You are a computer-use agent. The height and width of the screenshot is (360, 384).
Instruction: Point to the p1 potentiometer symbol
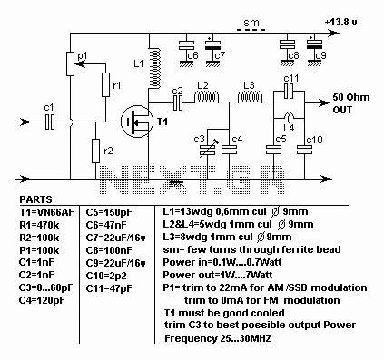click(x=71, y=63)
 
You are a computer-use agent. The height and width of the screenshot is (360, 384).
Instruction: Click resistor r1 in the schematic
click(x=105, y=85)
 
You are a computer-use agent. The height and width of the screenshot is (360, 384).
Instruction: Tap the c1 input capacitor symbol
click(x=51, y=120)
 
